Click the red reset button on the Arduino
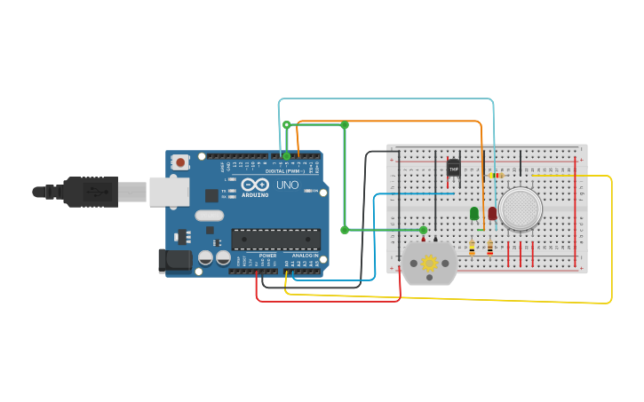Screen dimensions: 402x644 tap(181, 162)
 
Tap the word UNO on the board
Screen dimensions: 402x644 tap(287, 185)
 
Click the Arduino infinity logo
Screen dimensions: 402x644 tap(255, 184)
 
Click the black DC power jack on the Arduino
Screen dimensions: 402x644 tap(174, 260)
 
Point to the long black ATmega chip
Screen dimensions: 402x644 tap(275, 239)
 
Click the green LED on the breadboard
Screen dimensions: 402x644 tap(474, 213)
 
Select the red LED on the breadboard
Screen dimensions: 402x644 tap(492, 213)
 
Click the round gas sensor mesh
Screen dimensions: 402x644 tap(521, 209)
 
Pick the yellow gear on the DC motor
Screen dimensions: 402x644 tap(430, 263)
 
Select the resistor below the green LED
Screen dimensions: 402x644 tap(472, 248)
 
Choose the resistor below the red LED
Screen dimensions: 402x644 tap(489, 248)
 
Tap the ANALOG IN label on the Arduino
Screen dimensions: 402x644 tap(305, 255)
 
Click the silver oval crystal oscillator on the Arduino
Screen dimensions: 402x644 tap(209, 215)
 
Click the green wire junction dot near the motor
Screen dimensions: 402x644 tap(423, 230)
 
